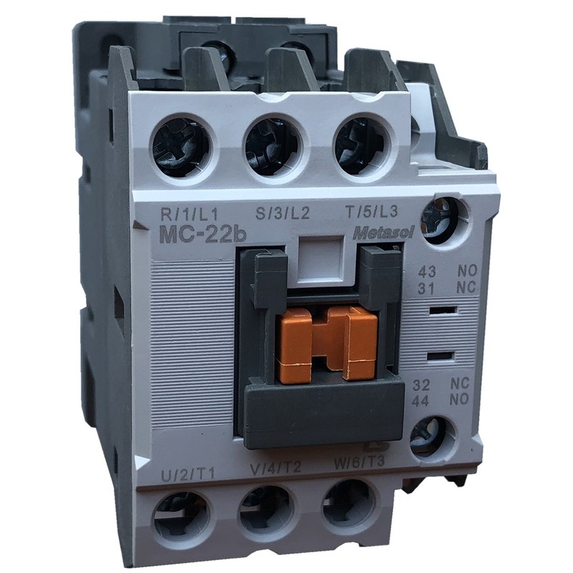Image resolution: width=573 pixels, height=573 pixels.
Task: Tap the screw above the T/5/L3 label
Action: [x=360, y=143]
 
